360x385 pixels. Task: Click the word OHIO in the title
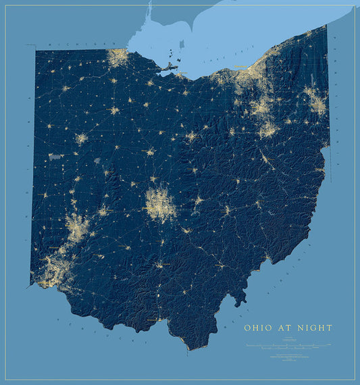[x=257, y=328]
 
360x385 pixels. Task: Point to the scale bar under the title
[x=288, y=345]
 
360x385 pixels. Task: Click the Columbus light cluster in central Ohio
[x=161, y=204]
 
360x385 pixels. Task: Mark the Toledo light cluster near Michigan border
[x=119, y=58]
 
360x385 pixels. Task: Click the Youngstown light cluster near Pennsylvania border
[x=315, y=101]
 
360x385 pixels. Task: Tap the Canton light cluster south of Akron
[x=268, y=128]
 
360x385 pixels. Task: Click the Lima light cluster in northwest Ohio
[x=82, y=139]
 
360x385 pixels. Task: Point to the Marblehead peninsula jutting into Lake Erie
[x=169, y=66]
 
